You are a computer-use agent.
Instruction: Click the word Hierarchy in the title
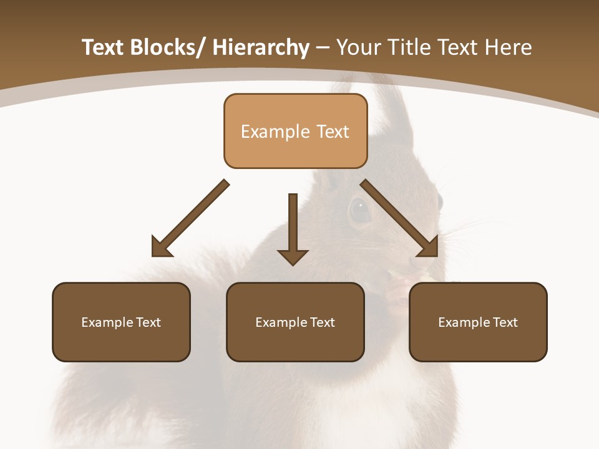tap(261, 48)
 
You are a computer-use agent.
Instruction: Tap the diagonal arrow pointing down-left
tap(190, 218)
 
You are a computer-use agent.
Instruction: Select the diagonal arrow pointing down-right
tap(399, 218)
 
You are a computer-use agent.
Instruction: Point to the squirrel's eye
tap(359, 210)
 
